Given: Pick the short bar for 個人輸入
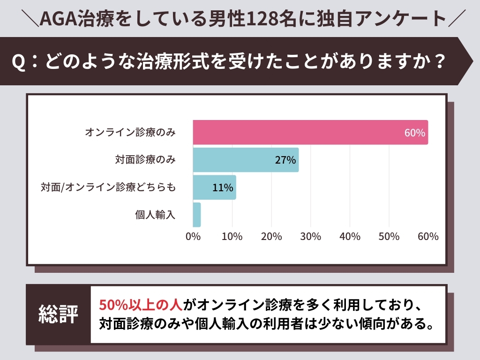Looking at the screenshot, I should point(197,215).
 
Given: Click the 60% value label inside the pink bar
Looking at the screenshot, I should point(415,133).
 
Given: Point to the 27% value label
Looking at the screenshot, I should point(285,160).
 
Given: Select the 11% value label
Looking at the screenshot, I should point(223,187).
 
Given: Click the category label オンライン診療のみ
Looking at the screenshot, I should point(130,133).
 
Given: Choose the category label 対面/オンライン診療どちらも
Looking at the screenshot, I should point(108,187).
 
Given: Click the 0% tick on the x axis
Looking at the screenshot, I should point(193,237).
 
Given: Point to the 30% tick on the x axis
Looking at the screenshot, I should point(311,237).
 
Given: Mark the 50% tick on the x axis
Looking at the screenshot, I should point(389,237).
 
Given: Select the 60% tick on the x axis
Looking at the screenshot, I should point(428,237).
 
